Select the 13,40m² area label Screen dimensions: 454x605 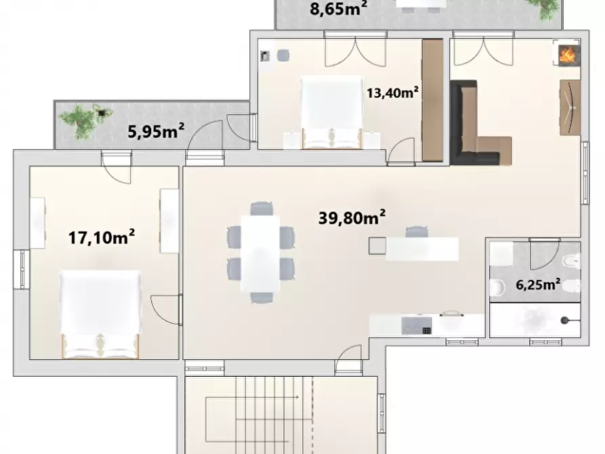click(392, 93)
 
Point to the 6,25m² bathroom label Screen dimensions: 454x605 click(537, 285)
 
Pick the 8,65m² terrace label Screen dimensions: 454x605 click(338, 9)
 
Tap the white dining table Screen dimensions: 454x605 click(260, 253)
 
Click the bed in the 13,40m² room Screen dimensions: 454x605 click(330, 112)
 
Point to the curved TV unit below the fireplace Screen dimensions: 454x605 click(570, 106)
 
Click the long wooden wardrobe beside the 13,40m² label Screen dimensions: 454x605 click(432, 100)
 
